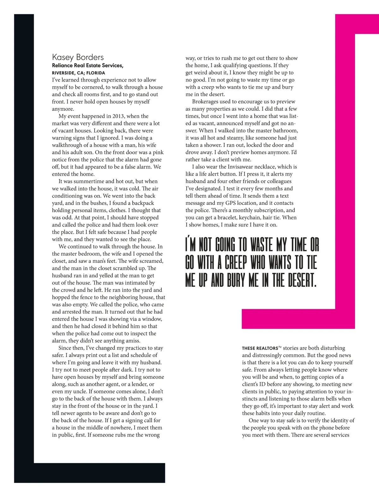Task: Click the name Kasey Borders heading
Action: pos(78,57)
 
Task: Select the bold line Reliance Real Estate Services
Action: pos(87,65)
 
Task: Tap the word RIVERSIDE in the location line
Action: pos(63,73)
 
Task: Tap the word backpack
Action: pos(143,203)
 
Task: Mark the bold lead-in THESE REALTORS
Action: pos(261,348)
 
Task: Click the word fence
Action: pos(81,297)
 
